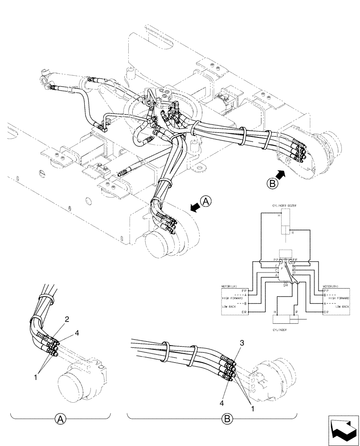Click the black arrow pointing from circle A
click(195, 206)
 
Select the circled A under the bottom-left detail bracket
click(60, 419)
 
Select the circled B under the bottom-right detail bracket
click(227, 419)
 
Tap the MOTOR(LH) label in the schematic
click(231, 287)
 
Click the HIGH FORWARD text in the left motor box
click(233, 298)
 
